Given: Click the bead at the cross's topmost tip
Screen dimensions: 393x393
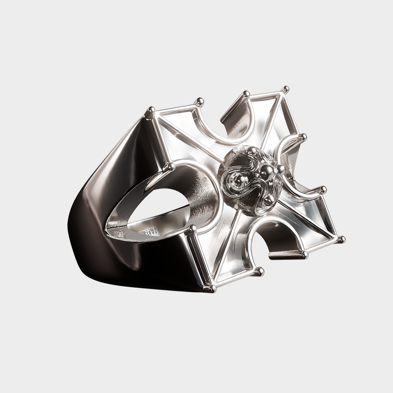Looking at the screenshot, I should (x=285, y=89).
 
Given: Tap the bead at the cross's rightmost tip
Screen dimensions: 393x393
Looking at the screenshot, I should (x=341, y=239).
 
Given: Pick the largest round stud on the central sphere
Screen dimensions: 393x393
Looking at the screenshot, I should (x=267, y=172).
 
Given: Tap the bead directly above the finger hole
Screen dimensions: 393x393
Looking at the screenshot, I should (x=168, y=167).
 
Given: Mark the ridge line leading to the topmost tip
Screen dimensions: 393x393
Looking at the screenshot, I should (x=271, y=121).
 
